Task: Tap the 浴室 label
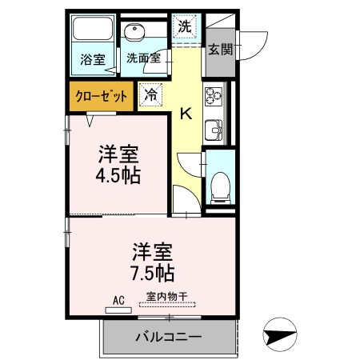point(93,58)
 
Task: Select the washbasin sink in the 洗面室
point(134,33)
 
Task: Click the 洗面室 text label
point(143,58)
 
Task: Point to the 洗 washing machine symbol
point(185,26)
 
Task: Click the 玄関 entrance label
point(220,50)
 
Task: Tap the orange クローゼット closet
point(99,94)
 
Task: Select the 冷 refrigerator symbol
point(150,94)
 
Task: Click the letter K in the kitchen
point(185,114)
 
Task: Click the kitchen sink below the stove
point(214,129)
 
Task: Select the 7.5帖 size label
point(153,273)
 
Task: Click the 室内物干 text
point(166,296)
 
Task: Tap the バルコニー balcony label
point(168,336)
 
